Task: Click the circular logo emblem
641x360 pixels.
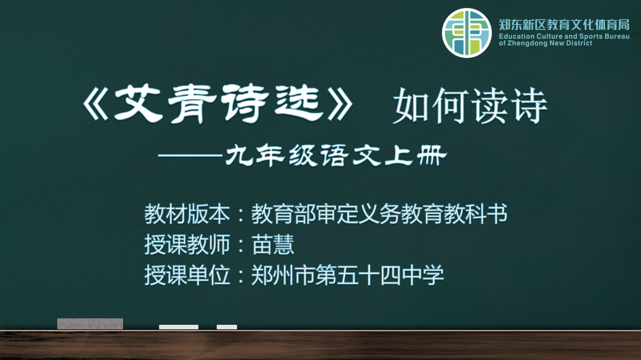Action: coord(467,33)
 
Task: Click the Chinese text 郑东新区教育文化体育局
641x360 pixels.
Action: coord(564,25)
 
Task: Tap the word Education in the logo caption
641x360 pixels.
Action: coord(517,36)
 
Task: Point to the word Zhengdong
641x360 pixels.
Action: coord(527,43)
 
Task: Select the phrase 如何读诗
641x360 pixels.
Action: coord(470,106)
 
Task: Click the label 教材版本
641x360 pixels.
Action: coord(187,214)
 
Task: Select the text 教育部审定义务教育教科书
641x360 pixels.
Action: coord(379,214)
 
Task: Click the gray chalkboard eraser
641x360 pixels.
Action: coord(90,324)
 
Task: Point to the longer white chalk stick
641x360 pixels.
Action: coord(179,327)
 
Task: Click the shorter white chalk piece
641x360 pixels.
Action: coord(227,327)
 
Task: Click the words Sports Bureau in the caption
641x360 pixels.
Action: coord(604,36)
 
